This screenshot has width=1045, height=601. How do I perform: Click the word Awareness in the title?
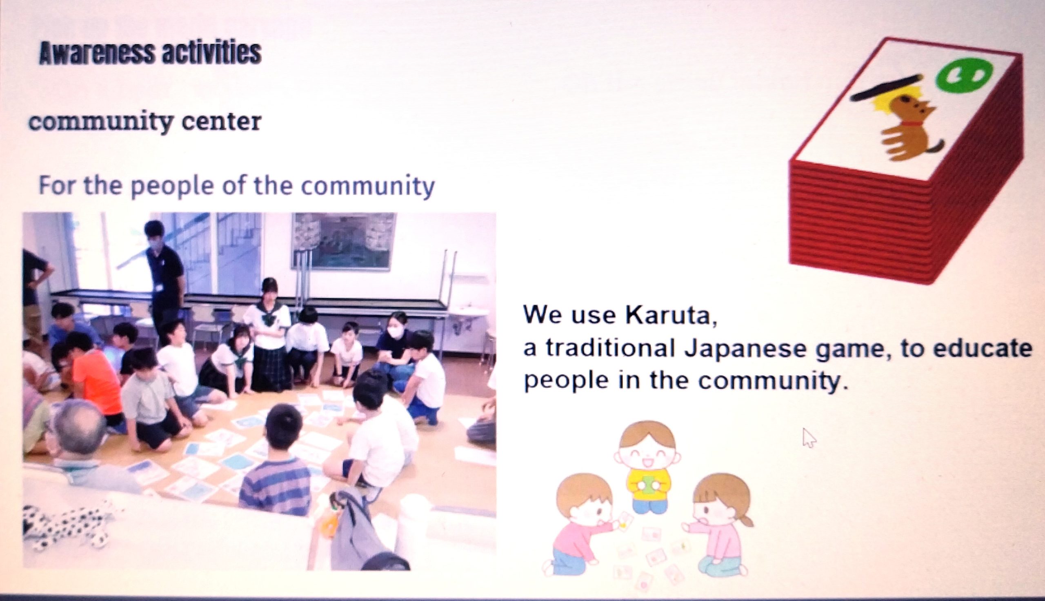coord(98,53)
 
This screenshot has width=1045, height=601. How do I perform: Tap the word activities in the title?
coord(211,53)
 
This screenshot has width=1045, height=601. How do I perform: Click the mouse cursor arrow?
coord(809,438)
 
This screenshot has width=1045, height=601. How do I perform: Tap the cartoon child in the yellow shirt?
coord(647,466)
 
